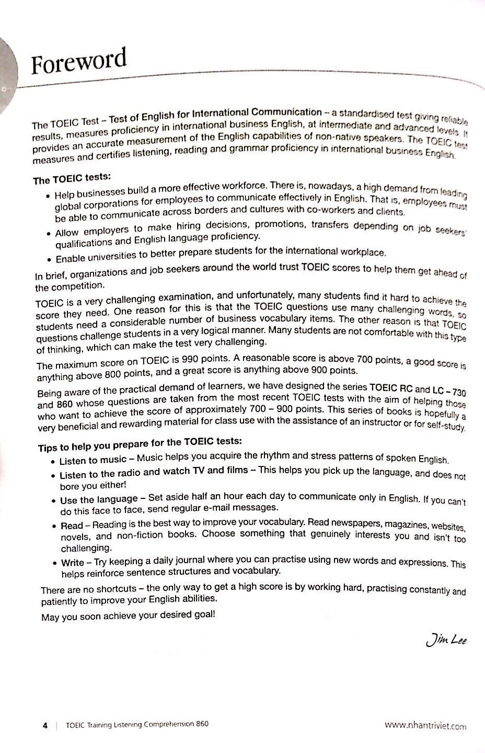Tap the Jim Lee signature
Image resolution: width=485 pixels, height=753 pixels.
tap(446, 640)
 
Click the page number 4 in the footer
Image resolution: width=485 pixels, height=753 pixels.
tap(45, 725)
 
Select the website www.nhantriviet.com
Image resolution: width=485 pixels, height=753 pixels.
tap(425, 725)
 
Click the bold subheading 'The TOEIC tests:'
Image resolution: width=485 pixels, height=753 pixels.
tap(72, 179)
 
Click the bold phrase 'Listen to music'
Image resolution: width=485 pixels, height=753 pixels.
tap(93, 460)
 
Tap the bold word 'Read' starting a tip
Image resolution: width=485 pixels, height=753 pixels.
tap(72, 525)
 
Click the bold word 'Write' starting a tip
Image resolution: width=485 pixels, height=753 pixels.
tap(73, 563)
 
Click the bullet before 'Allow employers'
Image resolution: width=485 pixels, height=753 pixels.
tap(48, 233)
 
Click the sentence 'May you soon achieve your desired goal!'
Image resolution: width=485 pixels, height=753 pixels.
tap(128, 616)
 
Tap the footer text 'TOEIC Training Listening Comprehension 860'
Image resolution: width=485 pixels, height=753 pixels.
tap(137, 725)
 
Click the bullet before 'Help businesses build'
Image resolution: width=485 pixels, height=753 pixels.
tap(48, 197)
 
